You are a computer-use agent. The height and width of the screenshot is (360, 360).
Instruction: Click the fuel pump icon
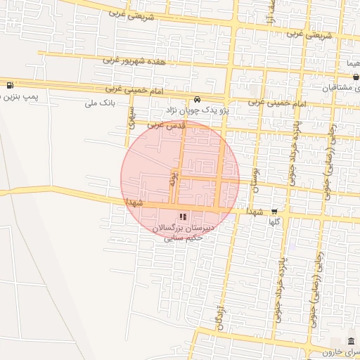(9, 86)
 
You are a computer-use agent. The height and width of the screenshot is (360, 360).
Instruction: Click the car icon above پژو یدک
(197, 99)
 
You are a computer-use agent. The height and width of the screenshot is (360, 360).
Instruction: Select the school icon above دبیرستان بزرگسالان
(182, 217)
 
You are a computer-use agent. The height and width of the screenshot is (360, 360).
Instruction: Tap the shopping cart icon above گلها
(274, 211)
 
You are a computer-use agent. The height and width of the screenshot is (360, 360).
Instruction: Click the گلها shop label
(274, 221)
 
